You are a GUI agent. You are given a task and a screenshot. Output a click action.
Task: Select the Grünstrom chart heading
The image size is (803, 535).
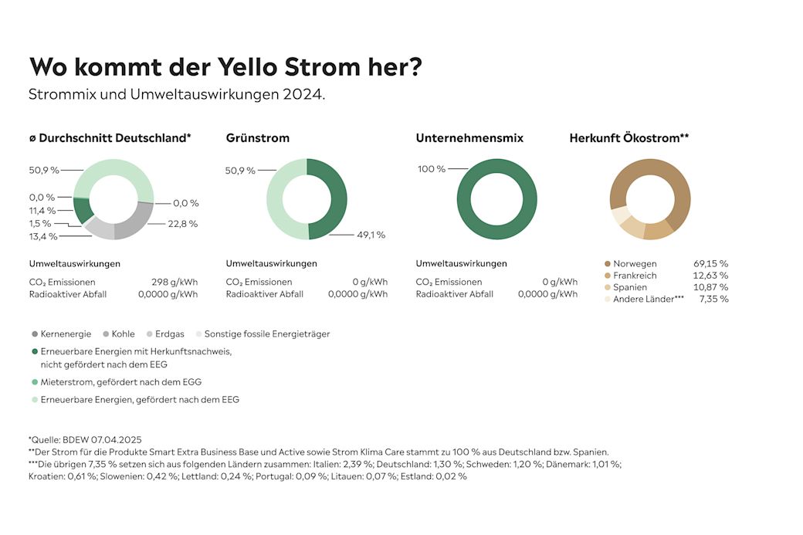tap(258, 138)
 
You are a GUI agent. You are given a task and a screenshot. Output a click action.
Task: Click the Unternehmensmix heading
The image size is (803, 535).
tap(469, 138)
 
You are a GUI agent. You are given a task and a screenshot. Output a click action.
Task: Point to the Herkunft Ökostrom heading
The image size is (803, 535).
tap(629, 138)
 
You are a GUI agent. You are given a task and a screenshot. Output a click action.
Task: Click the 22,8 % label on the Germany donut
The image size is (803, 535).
tap(182, 224)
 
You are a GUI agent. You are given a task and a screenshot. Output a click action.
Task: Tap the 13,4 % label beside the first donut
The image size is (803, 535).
tap(42, 236)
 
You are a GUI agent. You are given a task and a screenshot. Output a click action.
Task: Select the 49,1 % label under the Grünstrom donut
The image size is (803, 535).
tap(370, 235)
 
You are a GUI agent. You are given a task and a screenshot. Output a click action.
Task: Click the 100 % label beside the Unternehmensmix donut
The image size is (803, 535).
tap(432, 169)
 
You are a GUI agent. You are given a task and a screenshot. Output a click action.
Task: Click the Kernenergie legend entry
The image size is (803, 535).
tap(61, 334)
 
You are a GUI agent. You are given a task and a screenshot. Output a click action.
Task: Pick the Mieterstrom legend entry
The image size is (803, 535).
tap(120, 381)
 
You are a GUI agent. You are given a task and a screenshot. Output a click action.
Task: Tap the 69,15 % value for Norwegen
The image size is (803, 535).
tap(710, 263)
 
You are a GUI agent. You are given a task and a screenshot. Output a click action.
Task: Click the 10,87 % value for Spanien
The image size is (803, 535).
tap(710, 287)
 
